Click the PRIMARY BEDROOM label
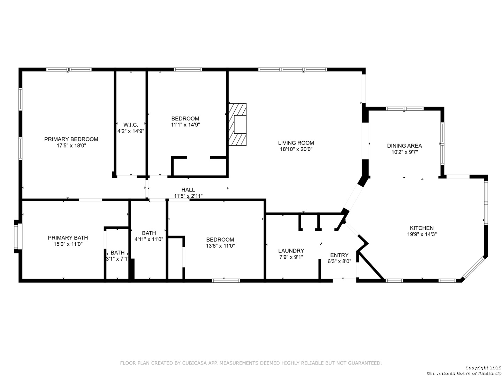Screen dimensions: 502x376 (71, 139)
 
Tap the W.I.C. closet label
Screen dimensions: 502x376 (131, 125)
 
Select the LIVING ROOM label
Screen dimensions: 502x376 (296, 143)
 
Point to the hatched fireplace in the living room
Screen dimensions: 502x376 (238, 124)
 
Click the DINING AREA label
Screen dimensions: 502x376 (404, 146)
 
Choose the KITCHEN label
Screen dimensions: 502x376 (421, 228)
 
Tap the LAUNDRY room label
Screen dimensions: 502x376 (291, 251)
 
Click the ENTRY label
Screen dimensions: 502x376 (340, 255)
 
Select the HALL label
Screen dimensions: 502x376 (188, 189)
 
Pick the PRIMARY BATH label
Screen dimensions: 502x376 (68, 238)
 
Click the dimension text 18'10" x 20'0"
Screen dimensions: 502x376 (296, 149)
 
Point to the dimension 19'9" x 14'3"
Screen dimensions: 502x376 (422, 234)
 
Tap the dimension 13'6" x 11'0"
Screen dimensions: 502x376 (220, 246)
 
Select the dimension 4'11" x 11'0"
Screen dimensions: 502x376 (149, 240)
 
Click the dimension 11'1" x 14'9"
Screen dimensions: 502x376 (185, 125)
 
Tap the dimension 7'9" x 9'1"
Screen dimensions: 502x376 (291, 257)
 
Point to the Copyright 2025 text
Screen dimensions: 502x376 (483, 368)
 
